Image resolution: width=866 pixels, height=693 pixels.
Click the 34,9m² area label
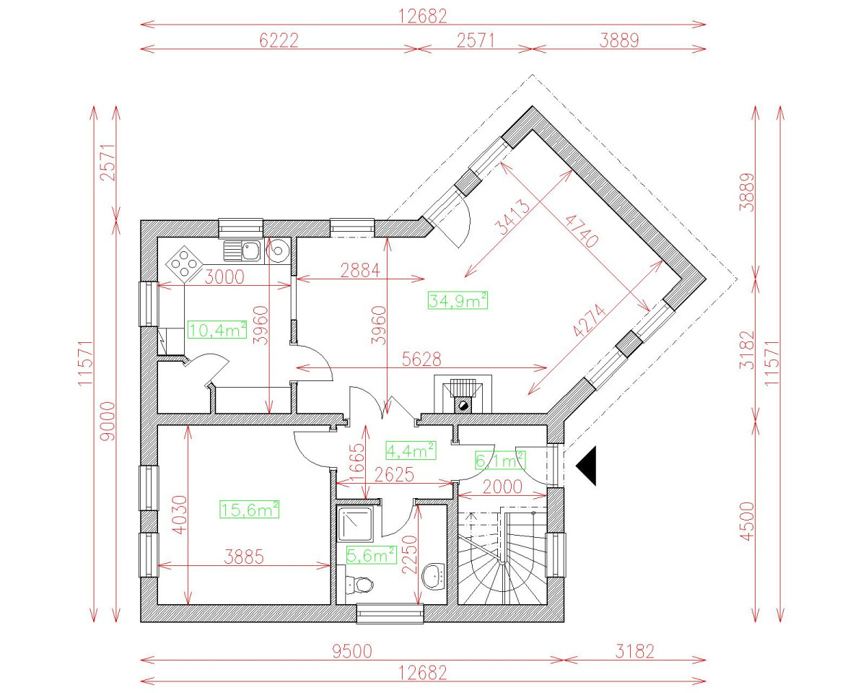click(x=458, y=300)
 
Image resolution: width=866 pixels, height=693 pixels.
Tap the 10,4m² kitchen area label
click(x=217, y=330)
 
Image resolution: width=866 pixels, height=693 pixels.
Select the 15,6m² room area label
click(x=249, y=510)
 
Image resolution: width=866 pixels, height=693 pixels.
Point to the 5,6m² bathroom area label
click(x=371, y=554)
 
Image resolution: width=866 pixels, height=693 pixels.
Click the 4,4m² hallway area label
click(x=411, y=450)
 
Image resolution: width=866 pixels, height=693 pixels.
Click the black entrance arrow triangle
click(x=587, y=466)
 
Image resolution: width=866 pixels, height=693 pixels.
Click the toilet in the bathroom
click(x=358, y=583)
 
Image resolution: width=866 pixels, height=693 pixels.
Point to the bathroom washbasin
click(x=434, y=575)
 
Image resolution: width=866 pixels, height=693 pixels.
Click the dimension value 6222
click(x=279, y=40)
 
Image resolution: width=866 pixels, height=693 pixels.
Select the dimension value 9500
click(x=352, y=651)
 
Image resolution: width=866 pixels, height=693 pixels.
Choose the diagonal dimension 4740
click(x=582, y=230)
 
